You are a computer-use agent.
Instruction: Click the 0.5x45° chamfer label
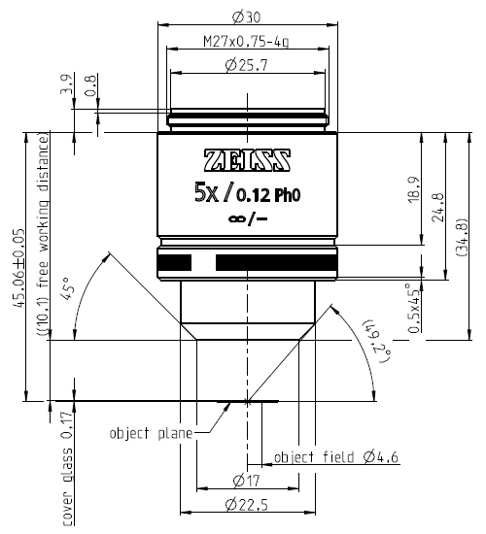(415, 309)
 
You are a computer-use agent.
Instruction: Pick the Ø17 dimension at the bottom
(249, 479)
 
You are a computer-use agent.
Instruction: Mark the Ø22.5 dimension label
(249, 505)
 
